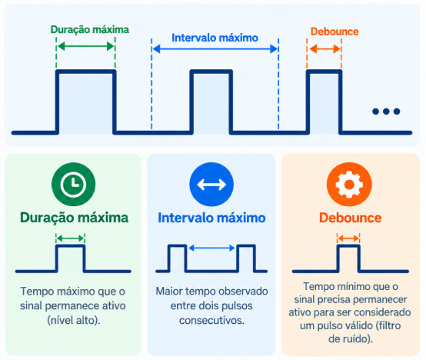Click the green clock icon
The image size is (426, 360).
tap(73, 184)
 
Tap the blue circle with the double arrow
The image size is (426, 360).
tap(211, 185)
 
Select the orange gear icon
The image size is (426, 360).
tap(349, 185)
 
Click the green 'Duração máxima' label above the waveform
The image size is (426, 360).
tap(90, 29)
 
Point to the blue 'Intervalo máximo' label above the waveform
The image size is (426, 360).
tap(215, 38)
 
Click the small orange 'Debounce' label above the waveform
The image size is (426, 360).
tap(334, 32)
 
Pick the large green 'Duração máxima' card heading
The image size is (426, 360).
tap(74, 218)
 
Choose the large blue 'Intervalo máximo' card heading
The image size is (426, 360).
tap(211, 218)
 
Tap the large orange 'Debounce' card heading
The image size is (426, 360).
tap(350, 218)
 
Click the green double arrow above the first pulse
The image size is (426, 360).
tap(85, 46)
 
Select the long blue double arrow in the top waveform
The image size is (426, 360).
tap(215, 49)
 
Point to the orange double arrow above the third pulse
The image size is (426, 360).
tap(324, 49)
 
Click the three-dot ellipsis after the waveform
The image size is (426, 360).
tap(386, 111)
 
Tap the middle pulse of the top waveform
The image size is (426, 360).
tap(211, 102)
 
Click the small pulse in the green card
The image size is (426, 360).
tap(71, 258)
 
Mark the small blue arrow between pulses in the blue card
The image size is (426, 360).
tap(211, 248)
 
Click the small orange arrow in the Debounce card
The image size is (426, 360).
tap(348, 238)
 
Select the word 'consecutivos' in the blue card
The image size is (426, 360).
tap(211, 320)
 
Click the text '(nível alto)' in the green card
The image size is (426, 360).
tap(74, 321)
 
